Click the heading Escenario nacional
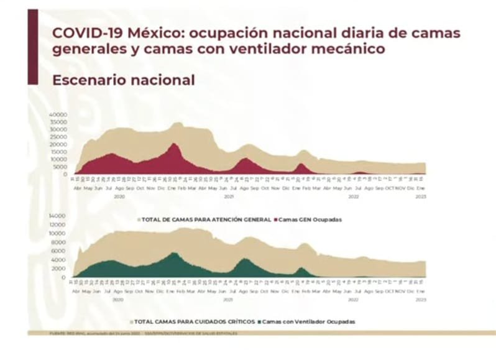point(123,80)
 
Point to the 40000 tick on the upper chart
point(58,115)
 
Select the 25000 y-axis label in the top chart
point(58,137)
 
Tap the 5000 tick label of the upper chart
point(60,167)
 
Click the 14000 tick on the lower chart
point(58,216)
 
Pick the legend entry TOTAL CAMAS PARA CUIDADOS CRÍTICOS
point(195,321)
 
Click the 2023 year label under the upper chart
point(421,196)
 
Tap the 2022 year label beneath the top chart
point(353,196)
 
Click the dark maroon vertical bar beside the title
point(33,47)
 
